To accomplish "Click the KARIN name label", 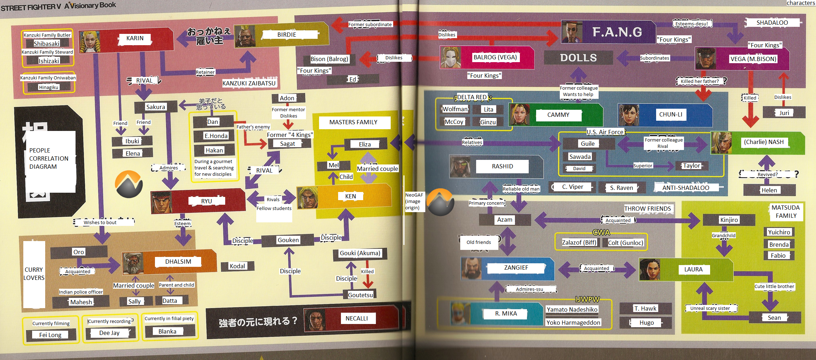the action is pyautogui.click(x=135, y=38).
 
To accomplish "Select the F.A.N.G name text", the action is pyautogui.click(x=617, y=32).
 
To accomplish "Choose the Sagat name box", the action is pyautogui.click(x=288, y=144).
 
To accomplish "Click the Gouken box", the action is pyautogui.click(x=288, y=240).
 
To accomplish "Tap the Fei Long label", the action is pyautogui.click(x=50, y=335).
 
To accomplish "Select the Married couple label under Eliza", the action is pyautogui.click(x=377, y=169).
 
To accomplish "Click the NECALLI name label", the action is pyautogui.click(x=356, y=318).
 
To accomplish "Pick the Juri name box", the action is pyautogui.click(x=784, y=113).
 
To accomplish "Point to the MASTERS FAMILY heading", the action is pyautogui.click(x=353, y=122).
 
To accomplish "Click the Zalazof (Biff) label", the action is pyautogui.click(x=579, y=242).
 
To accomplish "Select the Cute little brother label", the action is pyautogui.click(x=774, y=286).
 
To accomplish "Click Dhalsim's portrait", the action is pyautogui.click(x=132, y=263).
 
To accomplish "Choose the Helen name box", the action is pyautogui.click(x=769, y=190).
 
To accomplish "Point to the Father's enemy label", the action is pyautogui.click(x=253, y=127).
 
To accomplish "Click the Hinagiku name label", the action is pyautogui.click(x=49, y=87).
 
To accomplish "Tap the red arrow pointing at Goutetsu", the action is pyautogui.click(x=368, y=281).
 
